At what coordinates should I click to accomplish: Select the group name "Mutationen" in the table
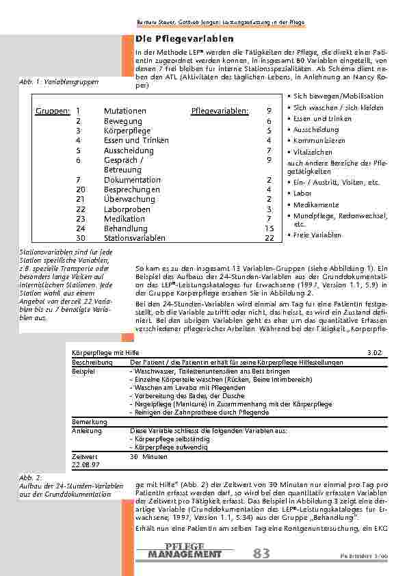tap(124, 111)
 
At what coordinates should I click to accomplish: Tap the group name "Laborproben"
tap(127, 209)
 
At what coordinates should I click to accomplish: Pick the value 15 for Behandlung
tap(269, 228)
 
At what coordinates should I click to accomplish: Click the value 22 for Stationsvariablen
tap(269, 238)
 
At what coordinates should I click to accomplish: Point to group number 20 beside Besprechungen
tap(81, 189)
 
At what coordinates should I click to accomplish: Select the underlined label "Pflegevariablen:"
tap(220, 111)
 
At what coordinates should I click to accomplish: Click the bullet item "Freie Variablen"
tap(317, 235)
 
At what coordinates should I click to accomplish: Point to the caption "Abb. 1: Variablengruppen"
tap(59, 82)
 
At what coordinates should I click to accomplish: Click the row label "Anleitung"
tap(83, 432)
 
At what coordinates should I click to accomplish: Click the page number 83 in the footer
tap(261, 554)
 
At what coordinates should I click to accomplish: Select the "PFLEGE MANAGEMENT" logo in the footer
tap(185, 551)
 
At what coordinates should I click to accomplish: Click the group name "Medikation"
tap(124, 219)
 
